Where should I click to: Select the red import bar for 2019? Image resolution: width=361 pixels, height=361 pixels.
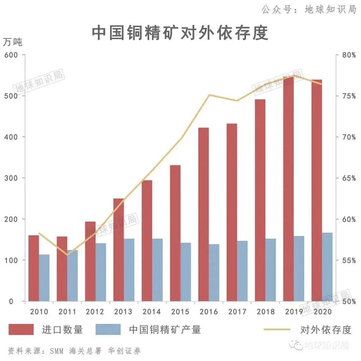pyautogui.click(x=288, y=188)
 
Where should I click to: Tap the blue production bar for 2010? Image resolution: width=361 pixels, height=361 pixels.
pyautogui.click(x=44, y=278)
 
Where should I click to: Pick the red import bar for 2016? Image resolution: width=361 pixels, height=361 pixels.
pyautogui.click(x=204, y=214)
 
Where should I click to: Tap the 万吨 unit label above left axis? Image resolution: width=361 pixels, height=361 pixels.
pyautogui.click(x=13, y=42)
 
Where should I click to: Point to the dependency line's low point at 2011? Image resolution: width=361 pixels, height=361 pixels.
pyautogui.click(x=67, y=255)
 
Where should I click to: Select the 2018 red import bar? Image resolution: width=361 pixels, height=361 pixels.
pyautogui.click(x=260, y=200)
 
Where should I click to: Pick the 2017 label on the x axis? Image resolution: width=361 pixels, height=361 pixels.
pyautogui.click(x=236, y=312)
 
